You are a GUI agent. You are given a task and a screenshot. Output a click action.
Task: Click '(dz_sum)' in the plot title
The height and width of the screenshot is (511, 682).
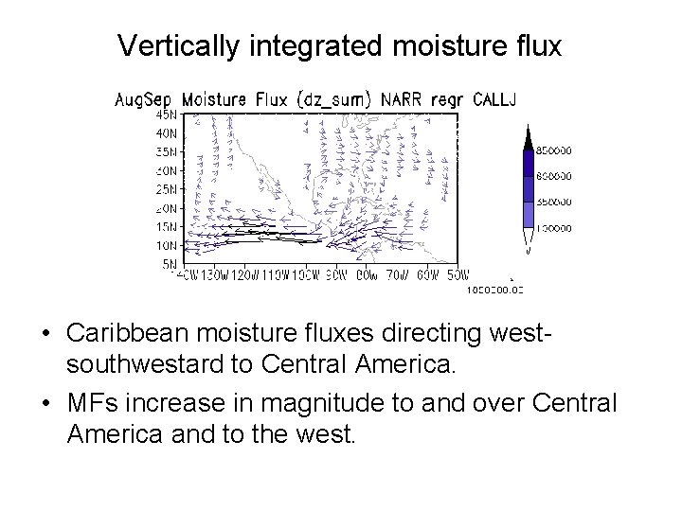click(336, 98)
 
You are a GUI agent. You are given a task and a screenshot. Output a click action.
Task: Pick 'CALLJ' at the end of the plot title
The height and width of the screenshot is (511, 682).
click(495, 98)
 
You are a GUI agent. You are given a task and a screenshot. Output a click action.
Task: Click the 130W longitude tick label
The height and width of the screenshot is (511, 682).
click(216, 276)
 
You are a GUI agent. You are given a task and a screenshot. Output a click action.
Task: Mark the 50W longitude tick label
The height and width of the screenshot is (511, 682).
click(457, 276)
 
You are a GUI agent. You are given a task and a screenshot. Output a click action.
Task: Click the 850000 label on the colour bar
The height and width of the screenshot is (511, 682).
click(560, 150)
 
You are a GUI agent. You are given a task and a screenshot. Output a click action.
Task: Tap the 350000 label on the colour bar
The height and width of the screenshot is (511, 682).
click(560, 202)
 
